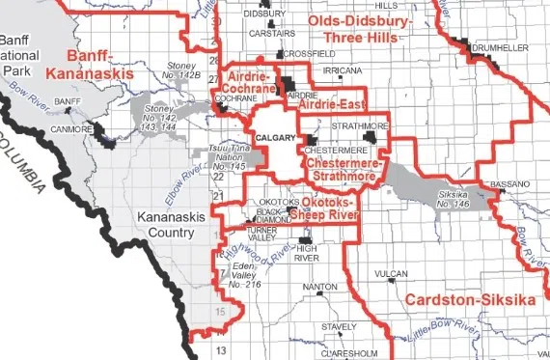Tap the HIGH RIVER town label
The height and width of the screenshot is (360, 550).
pos(307,255)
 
